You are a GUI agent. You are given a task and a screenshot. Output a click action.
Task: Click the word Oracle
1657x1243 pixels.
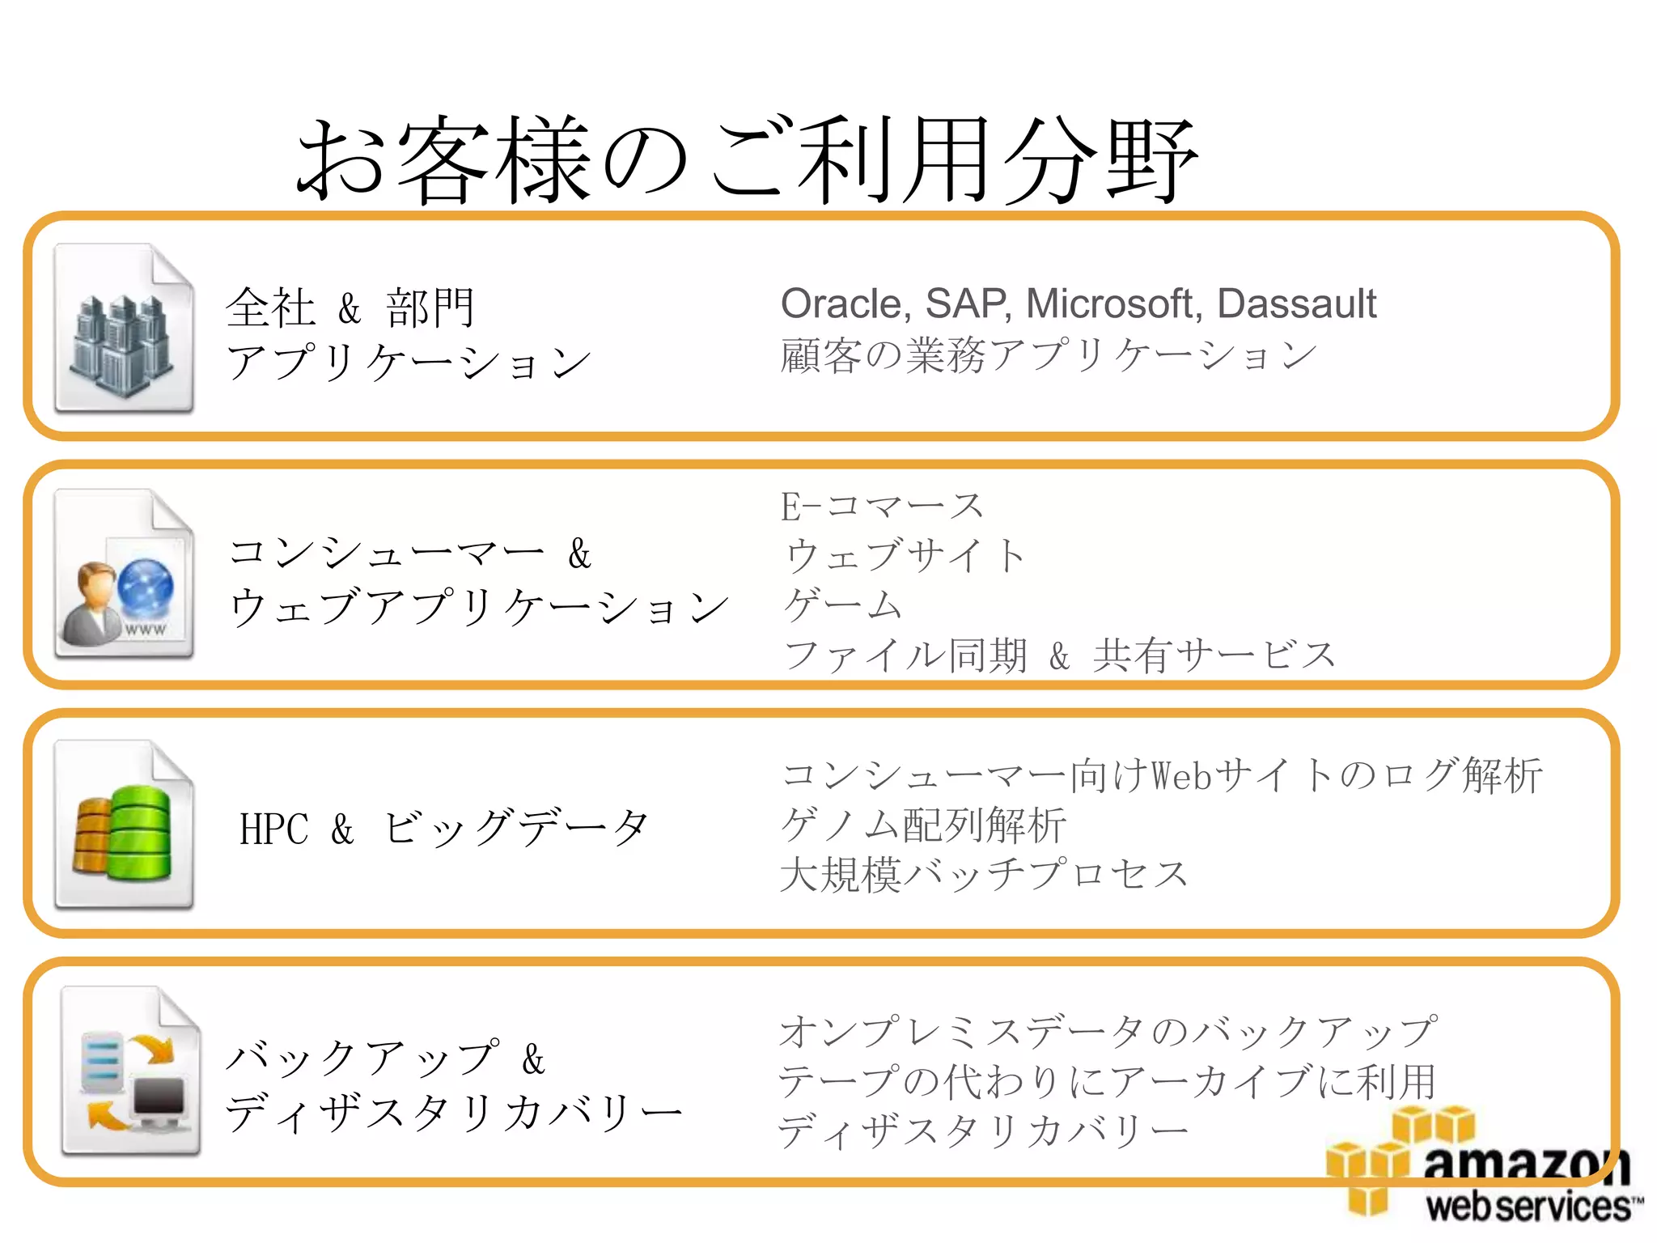point(845,305)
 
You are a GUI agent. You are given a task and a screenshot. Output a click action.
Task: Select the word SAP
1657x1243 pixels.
point(967,305)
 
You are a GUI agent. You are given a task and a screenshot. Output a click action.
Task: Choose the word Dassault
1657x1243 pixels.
point(1296,305)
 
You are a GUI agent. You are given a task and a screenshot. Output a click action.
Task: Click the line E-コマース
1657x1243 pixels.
point(882,507)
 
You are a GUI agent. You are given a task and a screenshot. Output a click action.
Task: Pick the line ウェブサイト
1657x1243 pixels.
point(905,557)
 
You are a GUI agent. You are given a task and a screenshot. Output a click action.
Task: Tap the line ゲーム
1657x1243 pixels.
point(841,605)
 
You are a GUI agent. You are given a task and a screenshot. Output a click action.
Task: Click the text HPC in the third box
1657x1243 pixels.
point(273,829)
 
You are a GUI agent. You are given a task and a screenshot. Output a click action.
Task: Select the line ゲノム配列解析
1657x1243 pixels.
point(922,825)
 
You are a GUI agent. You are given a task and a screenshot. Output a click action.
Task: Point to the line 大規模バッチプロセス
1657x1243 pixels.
point(983,875)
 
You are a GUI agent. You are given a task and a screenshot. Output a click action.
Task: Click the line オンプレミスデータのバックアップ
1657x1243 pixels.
point(1107,1032)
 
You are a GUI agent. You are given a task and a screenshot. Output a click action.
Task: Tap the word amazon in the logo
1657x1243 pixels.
point(1525,1165)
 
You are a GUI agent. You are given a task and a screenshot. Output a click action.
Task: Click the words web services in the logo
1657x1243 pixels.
point(1529,1207)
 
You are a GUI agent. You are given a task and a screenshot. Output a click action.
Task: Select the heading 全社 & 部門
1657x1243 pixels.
point(350,308)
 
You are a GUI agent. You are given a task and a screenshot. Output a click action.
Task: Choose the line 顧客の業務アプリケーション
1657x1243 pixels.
point(1048,356)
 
